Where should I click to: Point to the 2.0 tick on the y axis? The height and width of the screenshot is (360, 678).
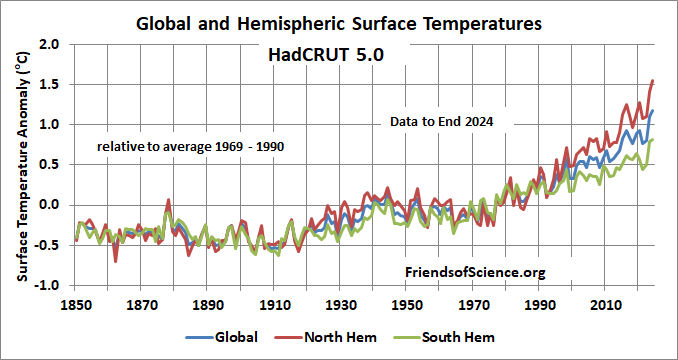[x=48, y=45]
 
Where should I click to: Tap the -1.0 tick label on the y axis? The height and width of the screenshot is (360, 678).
[x=46, y=285]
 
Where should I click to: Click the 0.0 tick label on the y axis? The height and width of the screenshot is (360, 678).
[x=48, y=205]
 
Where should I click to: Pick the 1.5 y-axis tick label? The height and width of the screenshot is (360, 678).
[x=48, y=85]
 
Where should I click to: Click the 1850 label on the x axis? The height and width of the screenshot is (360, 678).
[x=75, y=303]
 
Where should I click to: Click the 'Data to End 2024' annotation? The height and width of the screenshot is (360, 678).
[x=450, y=122]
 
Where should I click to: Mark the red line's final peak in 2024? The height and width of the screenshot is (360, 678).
[x=653, y=80]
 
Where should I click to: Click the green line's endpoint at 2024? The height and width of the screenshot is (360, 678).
[x=653, y=140]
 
